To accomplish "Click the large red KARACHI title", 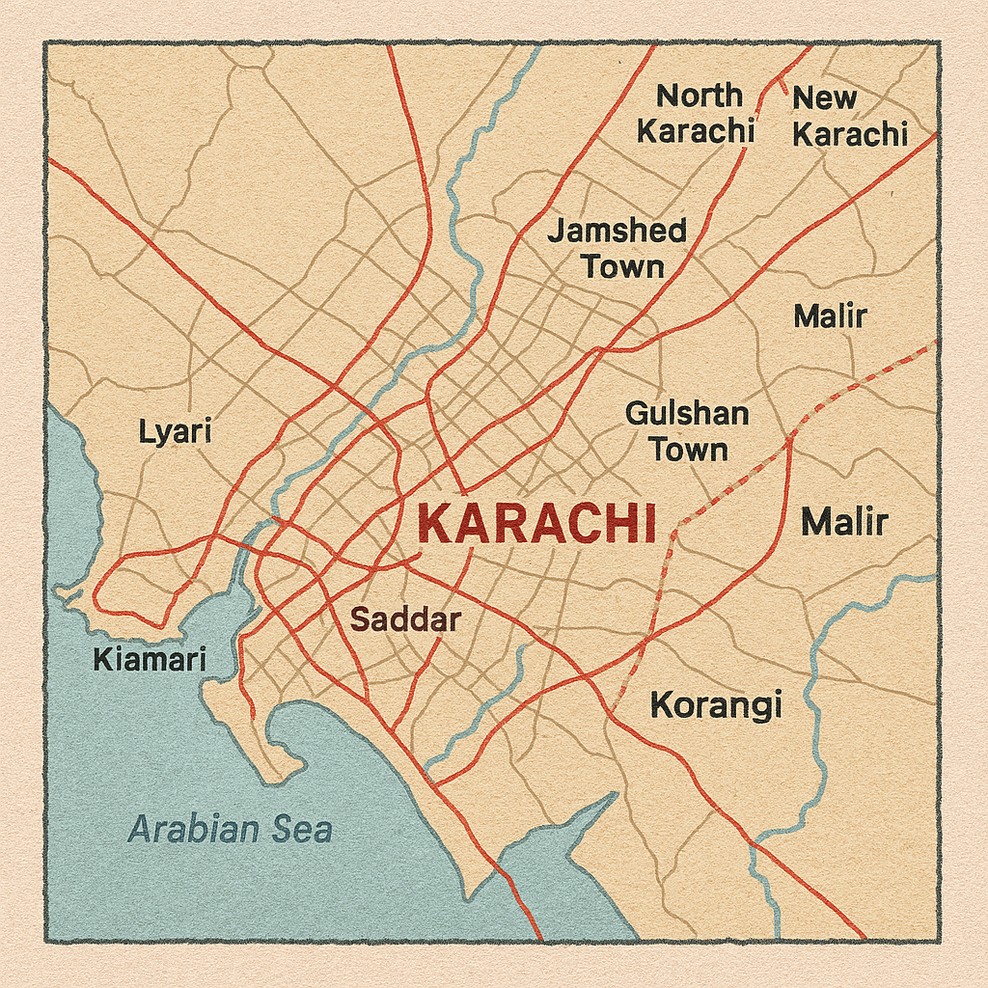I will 537,525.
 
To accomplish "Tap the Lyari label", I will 175,431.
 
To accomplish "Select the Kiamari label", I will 150,660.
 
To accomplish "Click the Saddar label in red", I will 404,619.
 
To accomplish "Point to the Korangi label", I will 716,705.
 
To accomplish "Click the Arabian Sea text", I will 231,829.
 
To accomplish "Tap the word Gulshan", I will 687,414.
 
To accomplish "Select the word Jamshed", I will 617,231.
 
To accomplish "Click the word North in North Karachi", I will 700,96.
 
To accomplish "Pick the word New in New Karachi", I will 825,97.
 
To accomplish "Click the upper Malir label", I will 830,316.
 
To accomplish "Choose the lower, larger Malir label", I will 844,522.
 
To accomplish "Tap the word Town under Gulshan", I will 688,450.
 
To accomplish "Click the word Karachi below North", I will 695,131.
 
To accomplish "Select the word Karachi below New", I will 850,134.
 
